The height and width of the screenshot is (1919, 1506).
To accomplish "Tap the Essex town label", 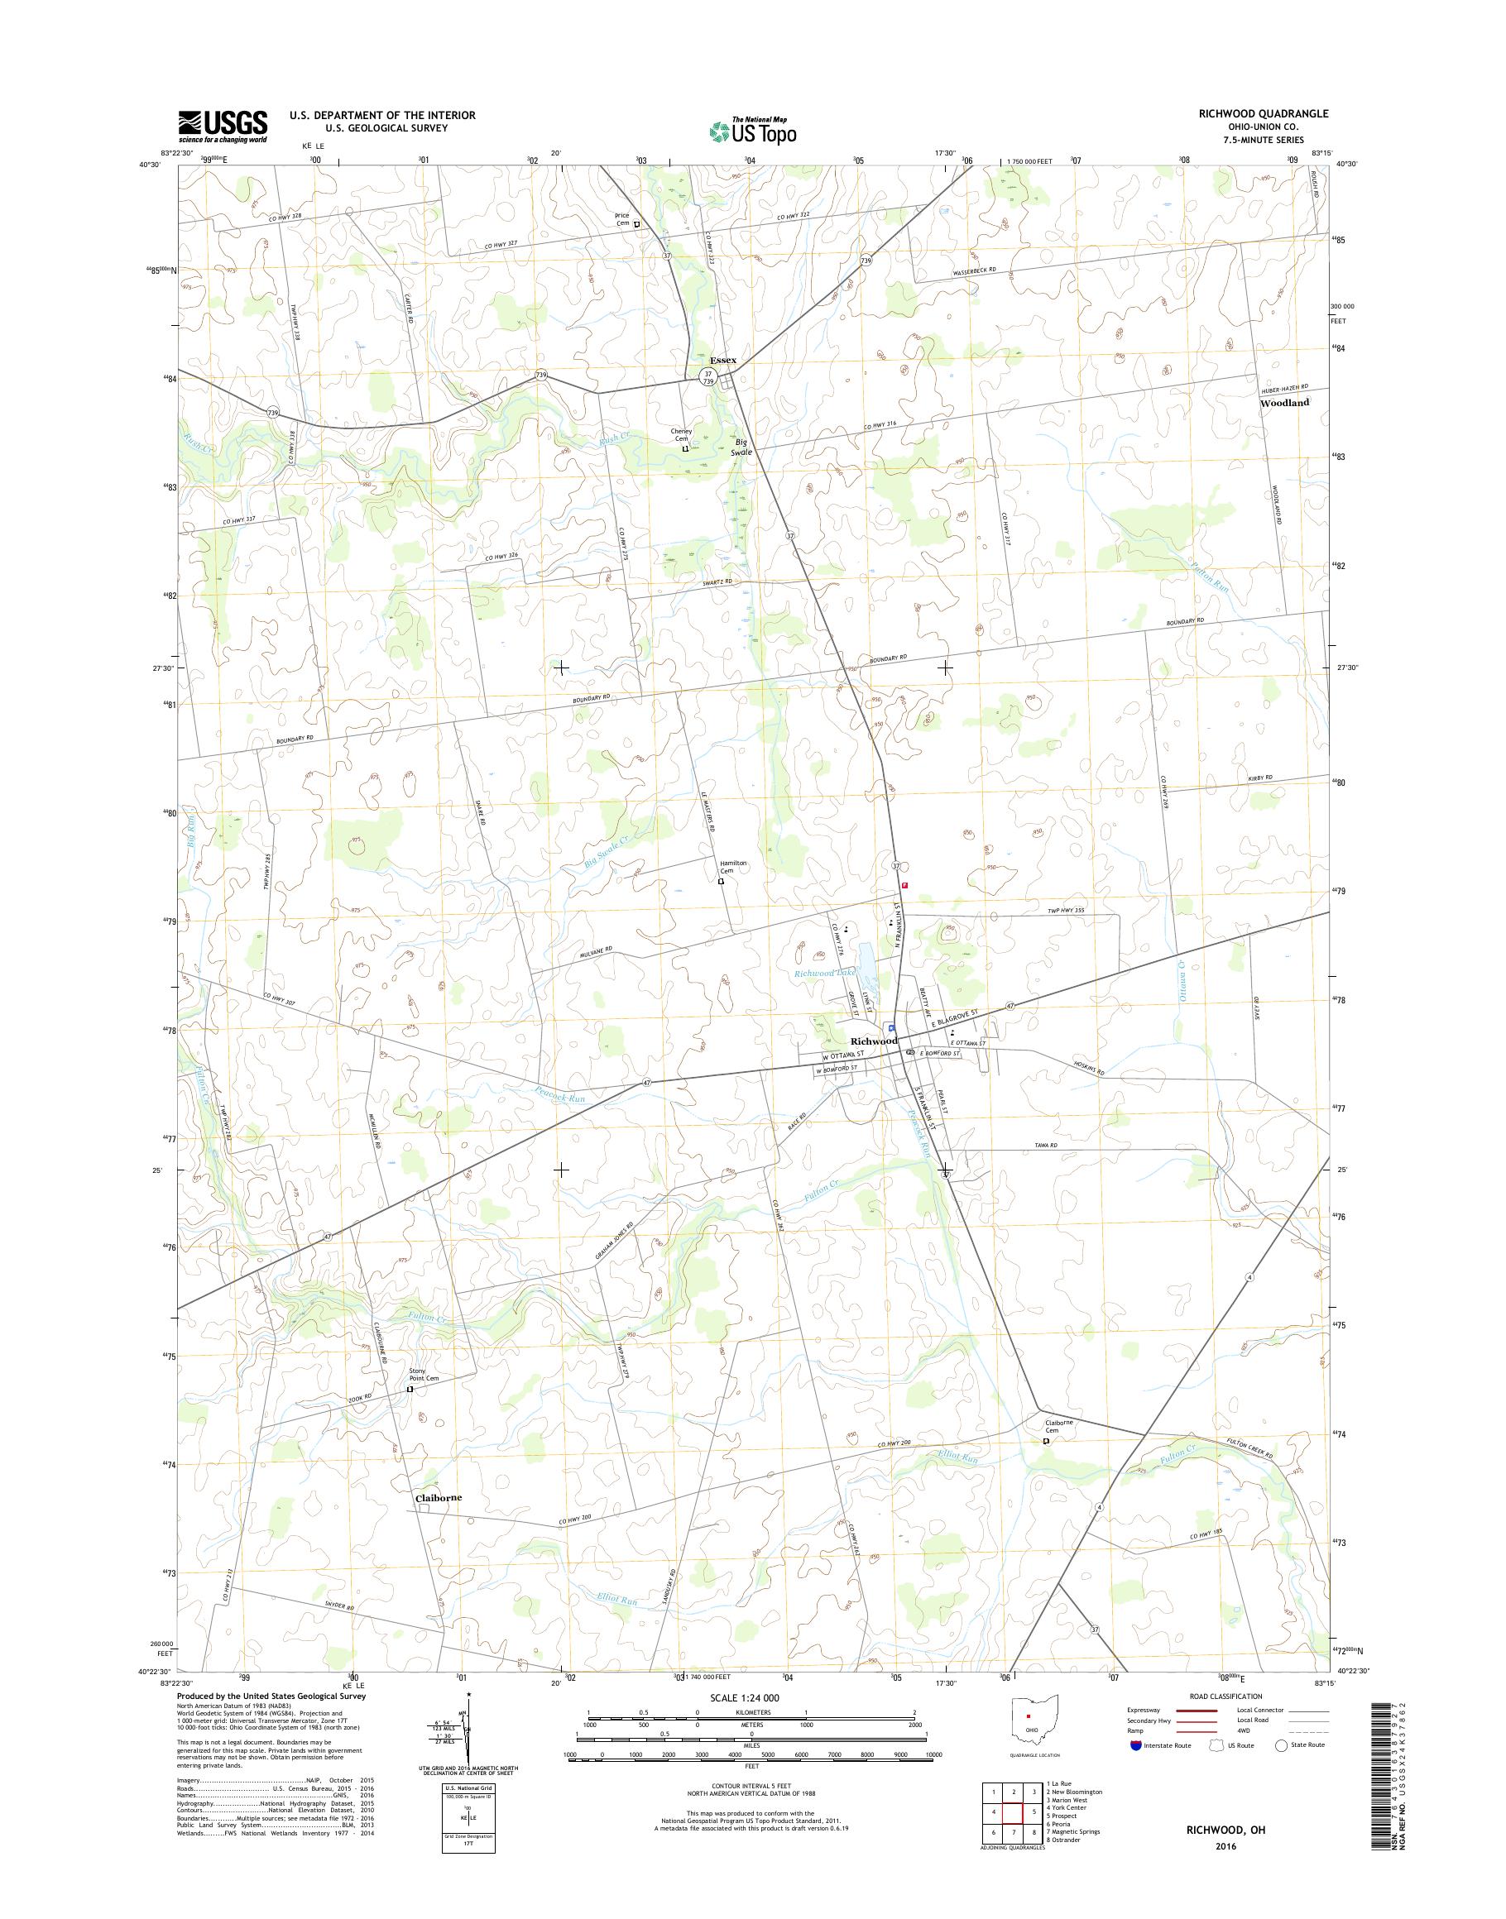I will tap(722, 361).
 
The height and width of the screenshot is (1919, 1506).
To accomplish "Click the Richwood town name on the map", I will tap(873, 1041).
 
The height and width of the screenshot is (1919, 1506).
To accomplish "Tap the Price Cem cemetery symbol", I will tap(636, 224).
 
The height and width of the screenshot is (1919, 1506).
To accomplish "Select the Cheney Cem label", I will tap(681, 434).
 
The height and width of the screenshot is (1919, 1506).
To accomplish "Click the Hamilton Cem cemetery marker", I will tap(721, 881).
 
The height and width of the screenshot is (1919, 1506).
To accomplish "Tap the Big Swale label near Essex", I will tap(745, 447).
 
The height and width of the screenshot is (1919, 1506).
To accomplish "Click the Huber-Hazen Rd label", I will tap(1283, 388).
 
